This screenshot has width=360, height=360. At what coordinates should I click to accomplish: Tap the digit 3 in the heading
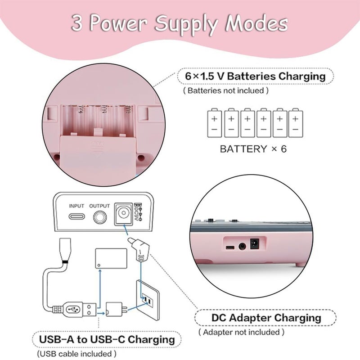click(76, 23)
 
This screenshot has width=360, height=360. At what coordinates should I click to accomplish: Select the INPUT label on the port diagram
click(76, 206)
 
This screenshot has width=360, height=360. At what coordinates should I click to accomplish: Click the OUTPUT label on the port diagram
click(99, 206)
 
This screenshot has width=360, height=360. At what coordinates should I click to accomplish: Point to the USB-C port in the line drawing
click(76, 216)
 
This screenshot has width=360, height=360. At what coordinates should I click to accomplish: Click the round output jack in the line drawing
click(100, 217)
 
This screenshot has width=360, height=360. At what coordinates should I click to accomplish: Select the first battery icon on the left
click(215, 123)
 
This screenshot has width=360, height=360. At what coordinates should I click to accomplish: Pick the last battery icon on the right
click(296, 123)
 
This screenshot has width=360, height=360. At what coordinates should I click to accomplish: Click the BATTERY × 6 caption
click(253, 149)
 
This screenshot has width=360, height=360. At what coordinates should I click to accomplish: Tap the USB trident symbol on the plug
click(73, 310)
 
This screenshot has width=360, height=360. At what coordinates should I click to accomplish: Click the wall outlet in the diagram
click(148, 300)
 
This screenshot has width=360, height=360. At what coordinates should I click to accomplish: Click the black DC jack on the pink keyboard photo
click(254, 244)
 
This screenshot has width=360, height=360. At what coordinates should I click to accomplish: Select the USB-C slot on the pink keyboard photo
click(230, 247)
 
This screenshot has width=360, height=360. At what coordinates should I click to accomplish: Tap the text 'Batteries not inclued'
click(226, 91)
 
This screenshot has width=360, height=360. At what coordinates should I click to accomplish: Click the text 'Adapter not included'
click(241, 332)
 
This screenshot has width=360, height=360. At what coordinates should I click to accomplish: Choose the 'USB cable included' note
click(76, 354)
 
